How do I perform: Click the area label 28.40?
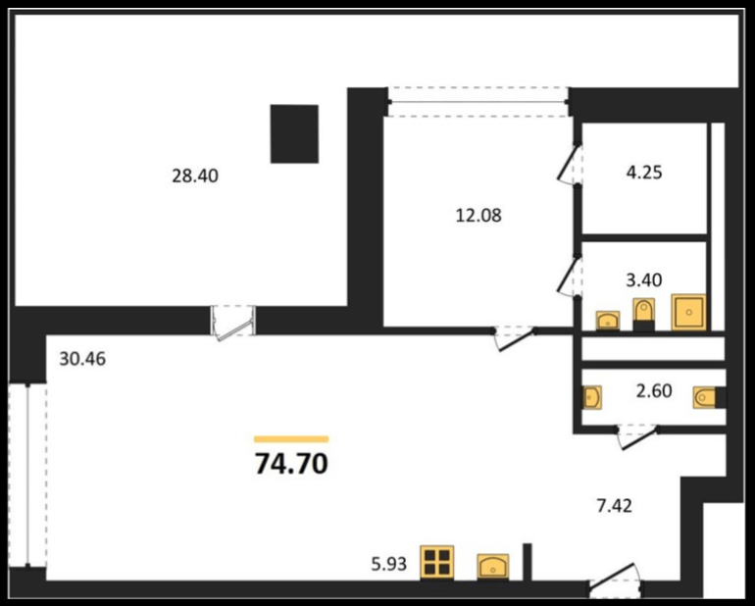coord(195,176)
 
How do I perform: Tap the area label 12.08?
coord(478,216)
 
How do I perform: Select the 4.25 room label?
coord(644,172)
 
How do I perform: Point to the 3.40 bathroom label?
coord(644,279)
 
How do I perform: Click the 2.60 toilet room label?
coord(654,390)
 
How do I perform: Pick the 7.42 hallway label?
coord(615,506)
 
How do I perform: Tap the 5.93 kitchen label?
coord(389,564)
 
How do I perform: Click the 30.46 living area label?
coord(82,359)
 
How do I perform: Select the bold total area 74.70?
coord(291,465)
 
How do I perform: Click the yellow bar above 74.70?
coord(291,439)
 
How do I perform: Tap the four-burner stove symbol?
coord(436,562)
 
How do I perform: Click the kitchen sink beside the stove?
coord(493,566)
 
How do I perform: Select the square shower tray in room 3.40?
coord(689,312)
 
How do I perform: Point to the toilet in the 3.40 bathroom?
coord(644,315)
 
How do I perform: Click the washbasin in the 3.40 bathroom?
coord(608,321)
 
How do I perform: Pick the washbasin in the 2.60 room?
coord(592,397)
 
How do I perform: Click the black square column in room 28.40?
coord(294,134)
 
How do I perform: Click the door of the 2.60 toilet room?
coord(637,437)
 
